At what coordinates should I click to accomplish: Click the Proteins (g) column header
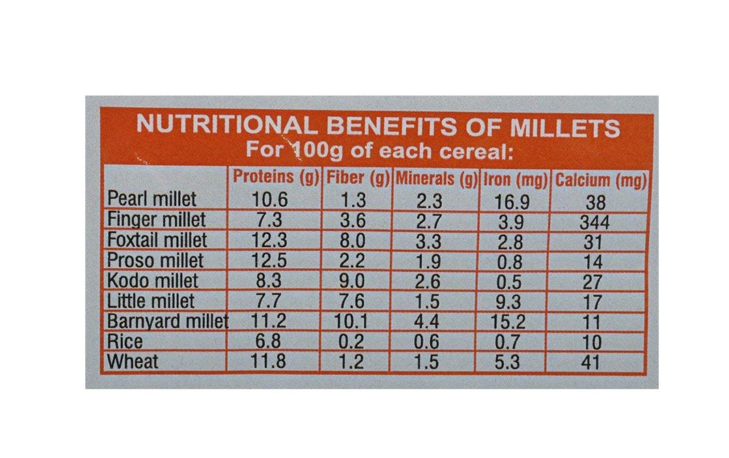point(276,177)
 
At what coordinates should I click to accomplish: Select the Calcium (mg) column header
point(601,181)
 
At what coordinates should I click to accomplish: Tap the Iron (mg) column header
point(516,180)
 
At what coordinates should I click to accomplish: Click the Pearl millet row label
point(152,199)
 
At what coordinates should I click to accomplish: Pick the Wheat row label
point(133,362)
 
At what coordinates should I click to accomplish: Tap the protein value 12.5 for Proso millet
point(271,261)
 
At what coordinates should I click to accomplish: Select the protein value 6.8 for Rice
point(271,343)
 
